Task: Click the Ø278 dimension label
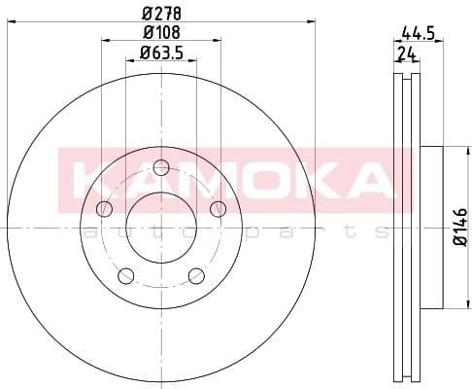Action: click(x=159, y=13)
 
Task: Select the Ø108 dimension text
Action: click(x=159, y=32)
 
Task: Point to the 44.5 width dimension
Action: click(x=417, y=32)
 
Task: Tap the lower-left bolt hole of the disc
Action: click(x=125, y=276)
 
